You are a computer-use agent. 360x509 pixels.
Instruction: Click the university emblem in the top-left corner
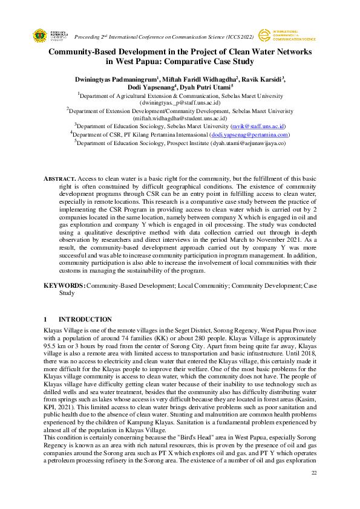tap(39, 35)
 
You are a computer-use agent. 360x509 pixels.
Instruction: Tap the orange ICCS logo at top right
tap(264, 35)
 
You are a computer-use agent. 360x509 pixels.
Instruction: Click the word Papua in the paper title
tap(147, 61)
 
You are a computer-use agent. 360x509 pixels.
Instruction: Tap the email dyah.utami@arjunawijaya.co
tap(247, 143)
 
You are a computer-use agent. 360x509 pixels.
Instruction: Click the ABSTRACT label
tap(60, 180)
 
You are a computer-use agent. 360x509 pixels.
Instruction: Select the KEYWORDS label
tap(65, 285)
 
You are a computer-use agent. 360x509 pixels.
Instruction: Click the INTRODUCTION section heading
tap(85, 319)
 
